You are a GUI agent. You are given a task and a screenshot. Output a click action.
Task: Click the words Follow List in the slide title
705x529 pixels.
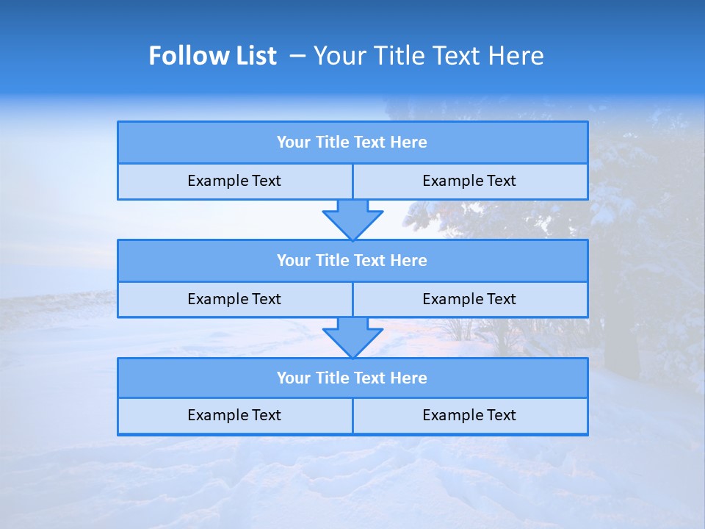pyautogui.click(x=212, y=56)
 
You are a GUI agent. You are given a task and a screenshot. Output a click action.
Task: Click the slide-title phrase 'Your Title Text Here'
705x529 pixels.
pyautogui.click(x=428, y=56)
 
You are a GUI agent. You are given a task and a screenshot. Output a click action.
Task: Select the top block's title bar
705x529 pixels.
pyautogui.click(x=352, y=143)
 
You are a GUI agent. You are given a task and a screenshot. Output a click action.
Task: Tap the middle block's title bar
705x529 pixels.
pyautogui.click(x=352, y=261)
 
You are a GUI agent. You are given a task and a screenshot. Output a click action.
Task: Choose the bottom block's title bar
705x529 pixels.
pyautogui.click(x=352, y=378)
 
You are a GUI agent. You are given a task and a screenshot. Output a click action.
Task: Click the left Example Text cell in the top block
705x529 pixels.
pyautogui.click(x=234, y=181)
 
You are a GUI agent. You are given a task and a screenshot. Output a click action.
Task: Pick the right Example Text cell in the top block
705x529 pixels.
pyautogui.click(x=469, y=181)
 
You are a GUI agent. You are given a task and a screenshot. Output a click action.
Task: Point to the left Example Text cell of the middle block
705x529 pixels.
pyautogui.click(x=234, y=300)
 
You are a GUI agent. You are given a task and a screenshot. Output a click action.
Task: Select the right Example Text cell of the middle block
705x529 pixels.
pyautogui.click(x=469, y=300)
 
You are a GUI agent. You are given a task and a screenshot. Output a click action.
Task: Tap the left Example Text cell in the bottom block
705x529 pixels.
pyautogui.click(x=234, y=416)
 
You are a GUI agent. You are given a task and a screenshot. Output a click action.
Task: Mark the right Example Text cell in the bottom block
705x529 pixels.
pyautogui.click(x=469, y=416)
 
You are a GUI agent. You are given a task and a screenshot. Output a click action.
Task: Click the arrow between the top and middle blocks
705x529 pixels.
pyautogui.click(x=352, y=219)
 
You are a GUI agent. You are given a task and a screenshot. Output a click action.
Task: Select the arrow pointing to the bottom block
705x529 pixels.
pyautogui.click(x=352, y=337)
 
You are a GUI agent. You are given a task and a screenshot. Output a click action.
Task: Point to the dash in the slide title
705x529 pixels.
pyautogui.click(x=297, y=56)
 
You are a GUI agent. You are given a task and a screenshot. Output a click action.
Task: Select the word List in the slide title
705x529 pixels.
pyautogui.click(x=252, y=56)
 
